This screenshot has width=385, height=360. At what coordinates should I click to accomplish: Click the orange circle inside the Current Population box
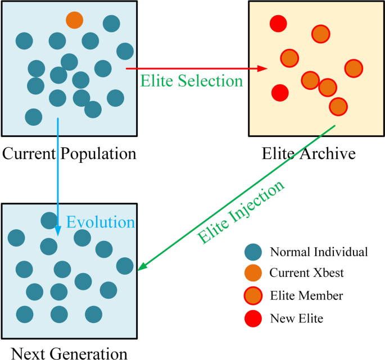[74, 20]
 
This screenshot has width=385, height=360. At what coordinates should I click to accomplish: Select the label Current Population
[69, 153]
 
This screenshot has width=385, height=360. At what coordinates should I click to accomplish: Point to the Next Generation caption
[69, 353]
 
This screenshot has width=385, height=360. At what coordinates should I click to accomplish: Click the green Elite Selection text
[192, 81]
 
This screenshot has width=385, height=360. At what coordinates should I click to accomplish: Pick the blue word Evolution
[101, 222]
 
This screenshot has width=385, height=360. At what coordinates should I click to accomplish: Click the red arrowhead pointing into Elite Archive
[262, 69]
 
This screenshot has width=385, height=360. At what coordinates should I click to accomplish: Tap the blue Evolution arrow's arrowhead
[58, 231]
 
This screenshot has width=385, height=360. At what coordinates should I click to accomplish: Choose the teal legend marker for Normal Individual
[253, 252]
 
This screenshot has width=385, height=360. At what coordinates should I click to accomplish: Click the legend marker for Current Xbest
[253, 274]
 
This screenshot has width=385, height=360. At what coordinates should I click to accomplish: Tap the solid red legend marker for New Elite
[253, 318]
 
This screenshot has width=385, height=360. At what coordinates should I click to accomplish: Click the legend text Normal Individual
[319, 252]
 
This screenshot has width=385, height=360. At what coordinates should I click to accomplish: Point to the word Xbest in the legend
[329, 274]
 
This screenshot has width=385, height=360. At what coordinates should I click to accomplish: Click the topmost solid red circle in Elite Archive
[278, 24]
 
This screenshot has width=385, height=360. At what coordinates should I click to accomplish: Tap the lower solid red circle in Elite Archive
[280, 92]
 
